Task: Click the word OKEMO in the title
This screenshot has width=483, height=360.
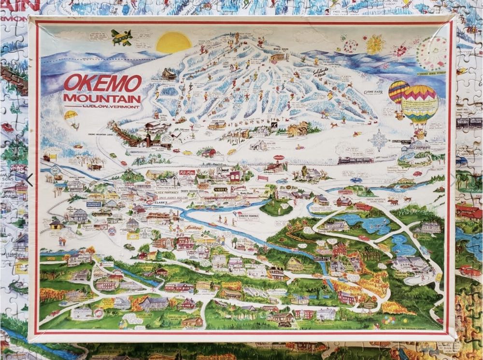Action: click(102, 84)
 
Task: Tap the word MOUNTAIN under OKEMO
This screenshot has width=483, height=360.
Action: click(102, 99)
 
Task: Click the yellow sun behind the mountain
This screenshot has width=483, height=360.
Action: click(174, 42)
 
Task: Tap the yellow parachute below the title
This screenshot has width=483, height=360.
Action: click(71, 116)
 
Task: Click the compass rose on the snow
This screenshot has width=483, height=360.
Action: click(378, 140)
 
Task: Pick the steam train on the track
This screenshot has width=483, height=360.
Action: click(355, 160)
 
